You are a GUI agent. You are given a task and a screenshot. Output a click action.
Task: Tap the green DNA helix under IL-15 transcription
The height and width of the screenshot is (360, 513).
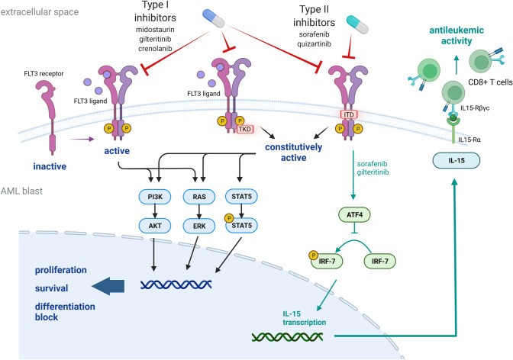tap(293, 333)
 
